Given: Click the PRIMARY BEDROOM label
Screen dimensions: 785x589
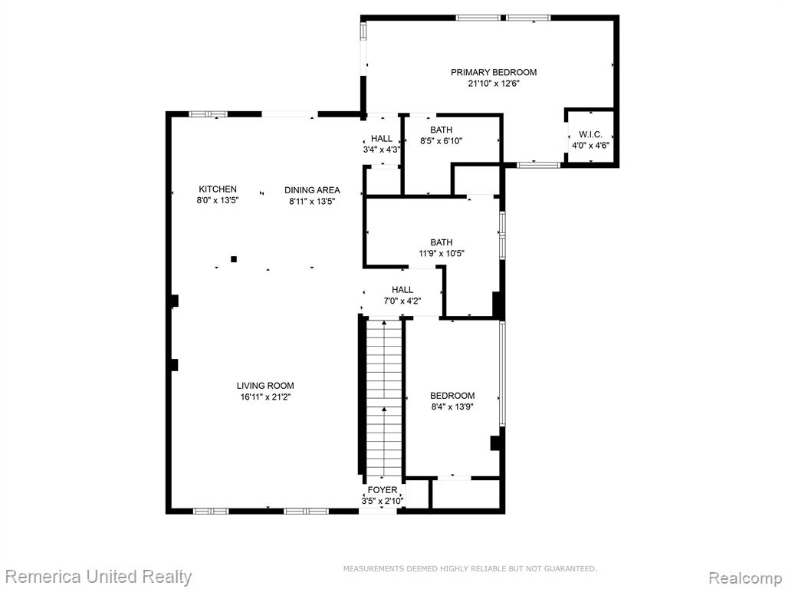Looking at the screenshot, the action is [x=494, y=72].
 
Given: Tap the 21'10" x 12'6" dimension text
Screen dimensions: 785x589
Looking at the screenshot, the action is [x=494, y=84].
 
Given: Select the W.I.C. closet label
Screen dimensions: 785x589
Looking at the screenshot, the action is [x=590, y=135].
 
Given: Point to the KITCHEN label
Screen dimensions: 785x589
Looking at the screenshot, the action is [x=218, y=189].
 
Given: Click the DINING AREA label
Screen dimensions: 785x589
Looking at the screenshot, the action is [x=312, y=190].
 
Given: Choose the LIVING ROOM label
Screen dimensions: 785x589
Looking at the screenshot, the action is [x=265, y=386].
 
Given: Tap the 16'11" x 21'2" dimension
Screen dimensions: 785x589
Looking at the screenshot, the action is [x=265, y=397].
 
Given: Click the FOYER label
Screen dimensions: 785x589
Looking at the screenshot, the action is [x=383, y=490].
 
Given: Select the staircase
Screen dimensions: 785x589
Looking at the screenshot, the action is [x=384, y=397].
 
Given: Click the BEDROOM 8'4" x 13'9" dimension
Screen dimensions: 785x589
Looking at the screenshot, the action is [x=452, y=406].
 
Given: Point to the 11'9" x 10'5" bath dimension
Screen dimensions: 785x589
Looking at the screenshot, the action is [x=442, y=253].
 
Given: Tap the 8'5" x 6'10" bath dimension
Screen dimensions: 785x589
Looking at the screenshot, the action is [x=441, y=141].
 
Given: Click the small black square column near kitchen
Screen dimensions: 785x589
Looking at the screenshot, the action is [x=233, y=259].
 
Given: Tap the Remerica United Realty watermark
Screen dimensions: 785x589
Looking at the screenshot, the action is [x=99, y=577].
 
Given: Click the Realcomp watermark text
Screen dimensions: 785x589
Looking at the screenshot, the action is [x=745, y=577].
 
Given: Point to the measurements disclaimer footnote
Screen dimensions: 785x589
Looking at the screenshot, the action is [x=470, y=568].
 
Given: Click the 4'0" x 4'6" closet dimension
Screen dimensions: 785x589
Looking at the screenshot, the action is [x=591, y=146].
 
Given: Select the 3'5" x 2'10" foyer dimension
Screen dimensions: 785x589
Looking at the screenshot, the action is [x=383, y=501].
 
